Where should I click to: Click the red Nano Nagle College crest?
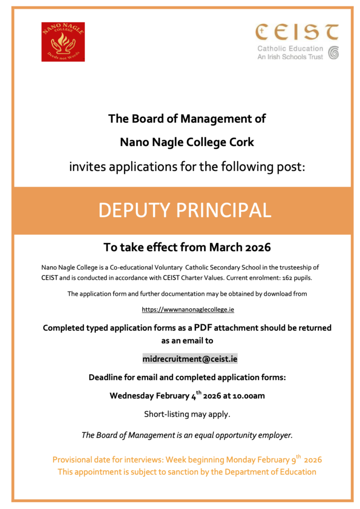[63, 42]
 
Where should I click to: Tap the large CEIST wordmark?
[297, 32]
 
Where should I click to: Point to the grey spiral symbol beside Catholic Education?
[333, 53]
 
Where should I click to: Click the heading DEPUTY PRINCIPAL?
[185, 210]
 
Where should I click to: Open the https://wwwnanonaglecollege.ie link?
[188, 309]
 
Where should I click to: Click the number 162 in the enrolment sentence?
[290, 276]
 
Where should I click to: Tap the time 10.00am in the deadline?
[254, 396]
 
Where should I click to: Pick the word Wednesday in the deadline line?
[131, 396]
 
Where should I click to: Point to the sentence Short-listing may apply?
[187, 414]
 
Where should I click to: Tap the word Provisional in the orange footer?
[76, 460]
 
